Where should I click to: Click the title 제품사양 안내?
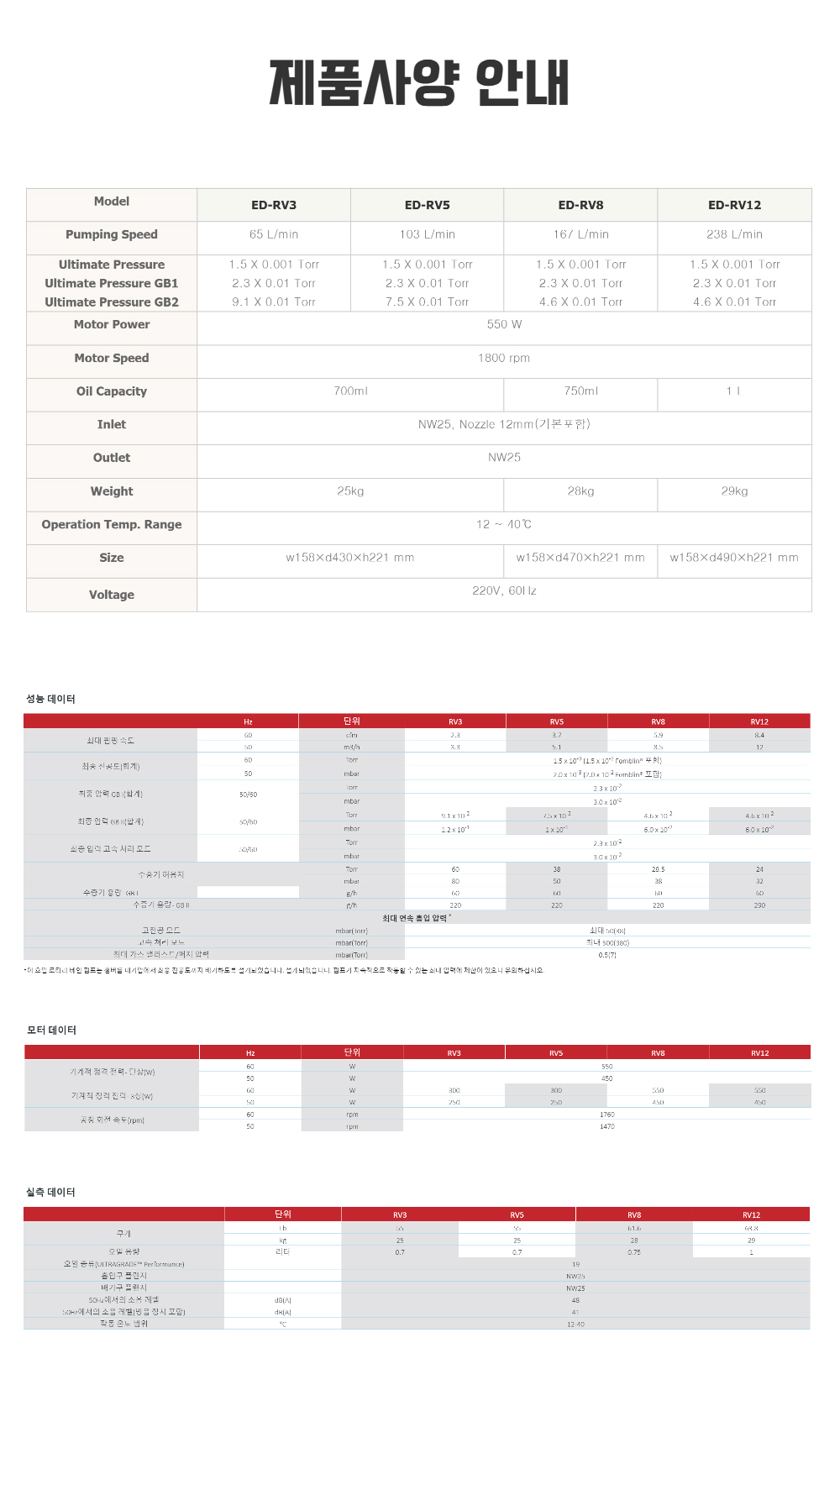click(418, 82)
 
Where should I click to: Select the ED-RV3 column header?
click(274, 205)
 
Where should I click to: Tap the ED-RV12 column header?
click(734, 205)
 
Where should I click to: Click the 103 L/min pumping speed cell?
click(427, 234)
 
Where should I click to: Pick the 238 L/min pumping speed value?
click(734, 234)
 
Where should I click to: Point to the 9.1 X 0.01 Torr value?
click(274, 302)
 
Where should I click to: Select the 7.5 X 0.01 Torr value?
click(427, 302)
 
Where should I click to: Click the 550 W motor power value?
click(504, 324)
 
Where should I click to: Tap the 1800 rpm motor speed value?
click(504, 358)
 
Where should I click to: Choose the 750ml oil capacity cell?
click(580, 391)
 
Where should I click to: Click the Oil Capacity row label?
click(112, 391)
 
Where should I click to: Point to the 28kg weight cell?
click(580, 491)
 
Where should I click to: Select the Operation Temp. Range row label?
click(112, 524)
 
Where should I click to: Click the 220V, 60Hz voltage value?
click(504, 591)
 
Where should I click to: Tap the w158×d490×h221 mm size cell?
click(734, 558)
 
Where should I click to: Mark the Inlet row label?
click(112, 424)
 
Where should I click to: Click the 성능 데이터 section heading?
click(50, 699)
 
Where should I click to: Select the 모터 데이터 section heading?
click(51, 1030)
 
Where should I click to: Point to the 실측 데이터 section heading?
click(50, 1192)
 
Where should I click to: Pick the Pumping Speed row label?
click(112, 234)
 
